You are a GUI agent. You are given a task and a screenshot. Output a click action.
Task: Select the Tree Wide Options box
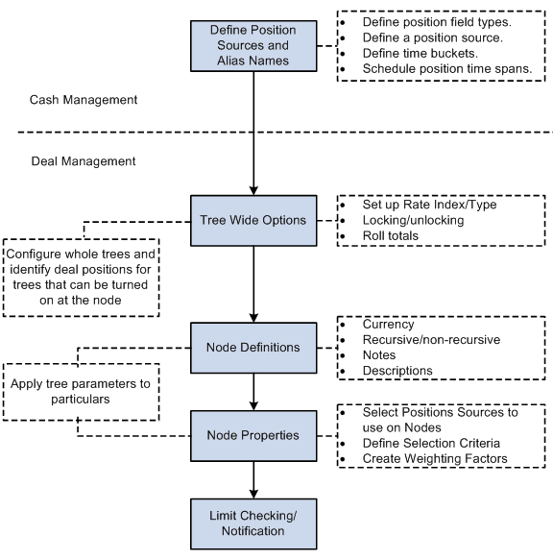(x=253, y=220)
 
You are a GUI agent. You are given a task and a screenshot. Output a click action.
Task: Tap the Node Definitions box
(x=253, y=347)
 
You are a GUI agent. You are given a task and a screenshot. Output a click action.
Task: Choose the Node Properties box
(x=253, y=435)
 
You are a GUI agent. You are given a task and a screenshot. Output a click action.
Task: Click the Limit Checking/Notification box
(x=253, y=523)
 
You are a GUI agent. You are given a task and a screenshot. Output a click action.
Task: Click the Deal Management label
(x=83, y=161)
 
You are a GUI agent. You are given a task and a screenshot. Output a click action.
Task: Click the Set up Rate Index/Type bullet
(x=429, y=205)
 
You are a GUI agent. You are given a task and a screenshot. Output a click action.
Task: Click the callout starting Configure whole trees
(x=82, y=277)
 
